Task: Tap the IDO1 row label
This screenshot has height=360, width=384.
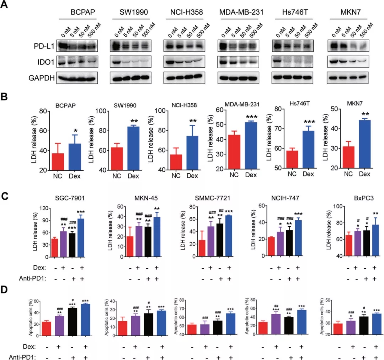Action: click(x=45, y=62)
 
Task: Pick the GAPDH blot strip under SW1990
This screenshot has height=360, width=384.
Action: click(x=130, y=77)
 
